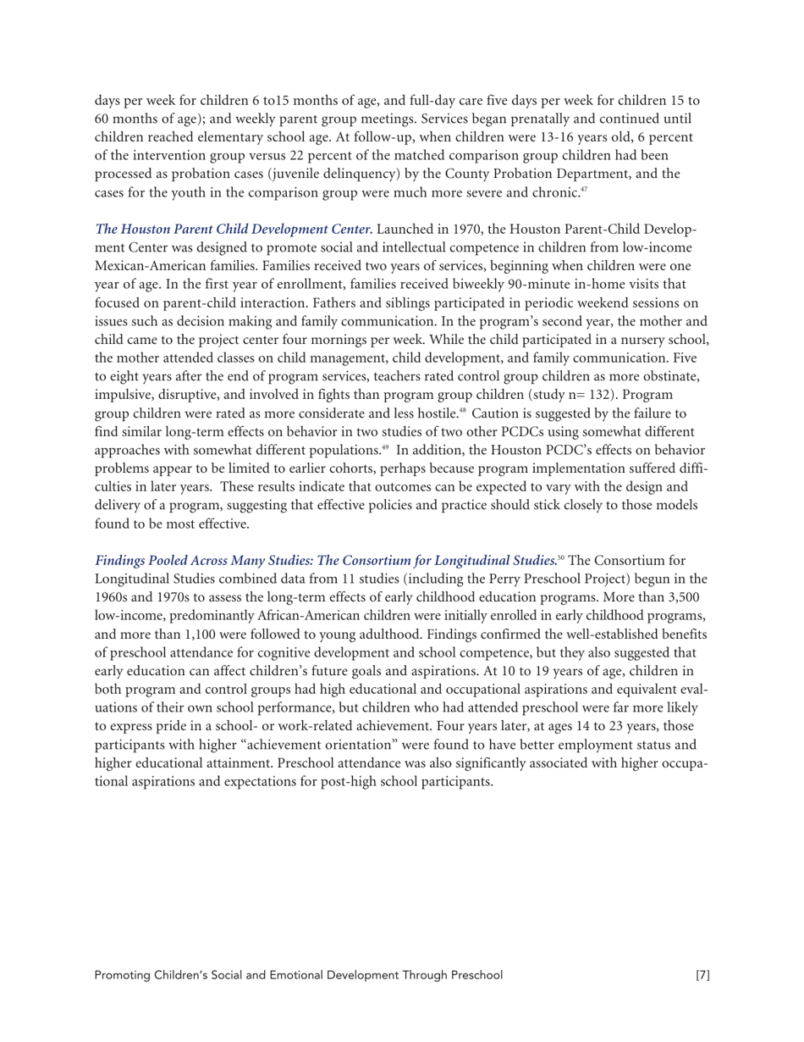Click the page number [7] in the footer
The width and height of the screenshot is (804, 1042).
point(702,975)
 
